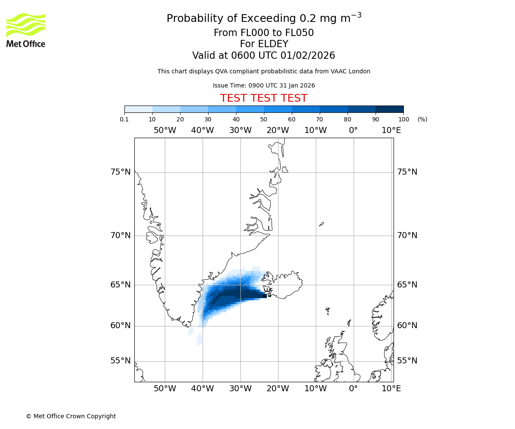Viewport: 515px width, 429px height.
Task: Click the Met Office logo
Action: (26, 30)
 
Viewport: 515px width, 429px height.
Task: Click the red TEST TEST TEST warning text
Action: (264, 98)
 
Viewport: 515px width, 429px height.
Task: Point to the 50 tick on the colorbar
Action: (264, 119)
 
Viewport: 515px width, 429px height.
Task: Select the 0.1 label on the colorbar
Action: (124, 119)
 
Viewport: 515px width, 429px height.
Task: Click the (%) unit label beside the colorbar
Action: (422, 119)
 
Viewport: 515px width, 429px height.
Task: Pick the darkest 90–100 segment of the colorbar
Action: (389, 109)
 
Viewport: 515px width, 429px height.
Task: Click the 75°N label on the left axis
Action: (120, 172)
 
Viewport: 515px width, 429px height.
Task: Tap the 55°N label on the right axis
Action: (407, 361)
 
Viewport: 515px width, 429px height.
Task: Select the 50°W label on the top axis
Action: (165, 130)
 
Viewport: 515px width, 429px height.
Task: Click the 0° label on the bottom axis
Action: (353, 389)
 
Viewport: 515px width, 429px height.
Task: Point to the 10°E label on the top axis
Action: (391, 130)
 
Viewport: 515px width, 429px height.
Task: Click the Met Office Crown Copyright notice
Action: (71, 416)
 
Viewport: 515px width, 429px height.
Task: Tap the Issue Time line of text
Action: (264, 85)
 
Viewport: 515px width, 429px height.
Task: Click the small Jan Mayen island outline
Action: (321, 224)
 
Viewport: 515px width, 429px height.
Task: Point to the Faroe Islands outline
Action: (327, 311)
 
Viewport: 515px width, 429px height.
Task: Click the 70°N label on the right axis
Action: (407, 236)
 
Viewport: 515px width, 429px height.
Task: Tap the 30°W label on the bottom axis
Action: (240, 389)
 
